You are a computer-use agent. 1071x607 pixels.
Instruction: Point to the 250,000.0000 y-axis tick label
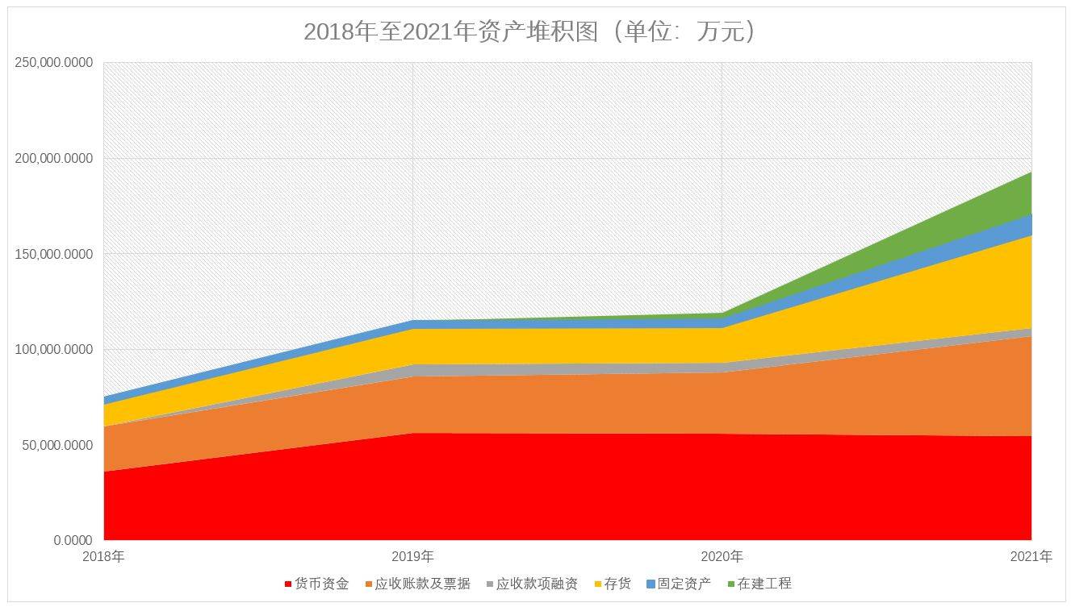53,63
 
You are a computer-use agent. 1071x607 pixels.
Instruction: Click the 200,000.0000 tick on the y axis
53,159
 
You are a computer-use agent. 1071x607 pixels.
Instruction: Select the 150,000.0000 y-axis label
53,254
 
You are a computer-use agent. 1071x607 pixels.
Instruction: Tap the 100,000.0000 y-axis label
53,350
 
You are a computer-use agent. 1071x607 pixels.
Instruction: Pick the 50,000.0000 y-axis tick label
56,445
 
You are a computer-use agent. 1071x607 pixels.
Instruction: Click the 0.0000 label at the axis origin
73,541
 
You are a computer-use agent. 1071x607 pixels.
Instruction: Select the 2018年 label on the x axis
103,557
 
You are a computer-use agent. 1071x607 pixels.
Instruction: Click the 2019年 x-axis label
412,557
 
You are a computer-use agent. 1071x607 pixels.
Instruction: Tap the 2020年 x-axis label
722,557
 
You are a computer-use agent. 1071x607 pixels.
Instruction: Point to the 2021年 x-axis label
1031,557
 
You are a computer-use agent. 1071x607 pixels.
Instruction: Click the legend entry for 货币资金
316,584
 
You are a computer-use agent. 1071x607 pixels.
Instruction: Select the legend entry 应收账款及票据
416,584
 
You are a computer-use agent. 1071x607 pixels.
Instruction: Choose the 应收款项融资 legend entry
532,584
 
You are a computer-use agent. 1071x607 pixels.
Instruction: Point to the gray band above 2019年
412,370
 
